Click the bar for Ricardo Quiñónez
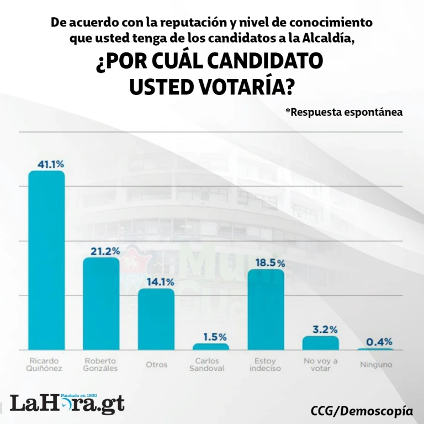click(46, 259)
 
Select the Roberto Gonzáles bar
click(101, 303)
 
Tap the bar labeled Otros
click(156, 319)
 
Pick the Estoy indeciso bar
click(266, 309)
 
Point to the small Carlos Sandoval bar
click(210, 347)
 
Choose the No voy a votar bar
click(320, 343)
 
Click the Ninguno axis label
click(376, 365)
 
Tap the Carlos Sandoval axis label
click(210, 365)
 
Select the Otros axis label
click(156, 365)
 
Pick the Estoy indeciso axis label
click(266, 365)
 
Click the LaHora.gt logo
click(67, 402)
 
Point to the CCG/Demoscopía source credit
click(362, 411)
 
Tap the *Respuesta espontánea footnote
click(343, 112)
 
